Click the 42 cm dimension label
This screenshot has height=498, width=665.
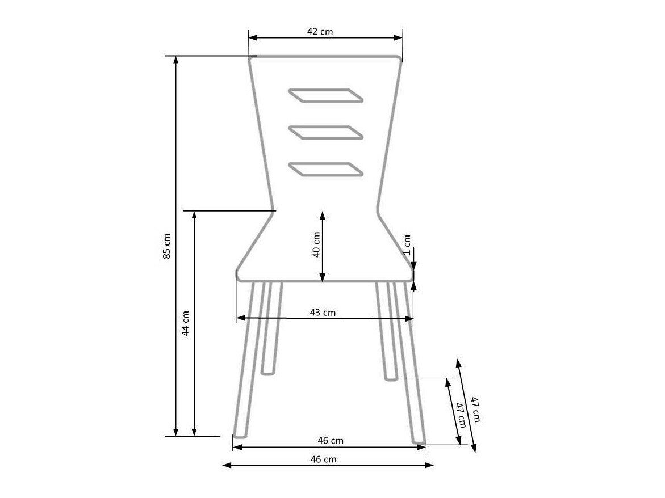pos(320,32)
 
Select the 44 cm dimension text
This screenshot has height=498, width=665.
pos(185,323)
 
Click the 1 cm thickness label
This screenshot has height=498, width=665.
pos(407,245)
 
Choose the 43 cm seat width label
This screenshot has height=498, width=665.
pos(323,313)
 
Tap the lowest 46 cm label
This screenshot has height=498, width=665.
pos(323,459)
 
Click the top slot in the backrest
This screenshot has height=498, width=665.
pos(326,96)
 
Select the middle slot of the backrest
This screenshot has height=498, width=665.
pos(326,132)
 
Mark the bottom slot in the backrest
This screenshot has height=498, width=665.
pos(326,169)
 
